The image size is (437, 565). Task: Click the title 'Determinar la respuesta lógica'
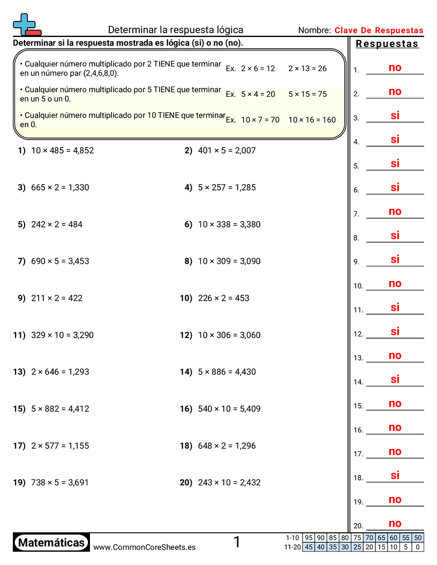pyautogui.click(x=176, y=30)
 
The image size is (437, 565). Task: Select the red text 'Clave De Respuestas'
pyautogui.click(x=379, y=30)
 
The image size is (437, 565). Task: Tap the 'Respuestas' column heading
pyautogui.click(x=387, y=44)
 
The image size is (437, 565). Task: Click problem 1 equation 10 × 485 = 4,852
pyautogui.click(x=62, y=150)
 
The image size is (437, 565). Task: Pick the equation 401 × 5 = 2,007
pyautogui.click(x=227, y=150)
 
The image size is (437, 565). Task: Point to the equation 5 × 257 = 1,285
pyautogui.click(x=227, y=187)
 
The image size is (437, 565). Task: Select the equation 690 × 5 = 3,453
pyautogui.click(x=60, y=261)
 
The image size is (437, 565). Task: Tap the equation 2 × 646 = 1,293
pyautogui.click(x=60, y=372)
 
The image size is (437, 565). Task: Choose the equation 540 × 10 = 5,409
pyautogui.click(x=229, y=409)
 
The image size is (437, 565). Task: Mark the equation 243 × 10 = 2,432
pyautogui.click(x=229, y=483)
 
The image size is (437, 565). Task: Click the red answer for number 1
pyautogui.click(x=395, y=68)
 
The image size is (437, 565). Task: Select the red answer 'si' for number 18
pyautogui.click(x=395, y=475)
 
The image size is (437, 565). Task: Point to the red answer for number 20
pyautogui.click(x=395, y=523)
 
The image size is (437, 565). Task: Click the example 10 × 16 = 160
pyautogui.click(x=312, y=120)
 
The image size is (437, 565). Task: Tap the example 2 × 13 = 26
pyautogui.click(x=307, y=68)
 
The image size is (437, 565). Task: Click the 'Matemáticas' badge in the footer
pyautogui.click(x=51, y=543)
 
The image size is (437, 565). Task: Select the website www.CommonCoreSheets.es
pyautogui.click(x=144, y=547)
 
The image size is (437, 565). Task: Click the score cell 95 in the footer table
pyautogui.click(x=308, y=538)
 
